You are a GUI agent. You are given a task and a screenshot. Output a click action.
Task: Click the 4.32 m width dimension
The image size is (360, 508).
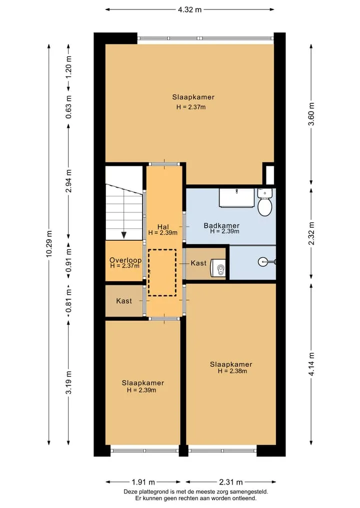coord(189,9)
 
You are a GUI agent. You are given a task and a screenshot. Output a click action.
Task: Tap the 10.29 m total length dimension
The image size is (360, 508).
coord(49,244)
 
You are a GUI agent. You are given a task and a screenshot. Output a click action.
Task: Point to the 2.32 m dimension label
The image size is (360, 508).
coord(311,233)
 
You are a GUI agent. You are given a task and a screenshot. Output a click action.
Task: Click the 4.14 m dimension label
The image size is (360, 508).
coord(311,364)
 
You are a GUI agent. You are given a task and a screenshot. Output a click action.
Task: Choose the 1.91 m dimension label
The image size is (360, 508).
coord(143,482)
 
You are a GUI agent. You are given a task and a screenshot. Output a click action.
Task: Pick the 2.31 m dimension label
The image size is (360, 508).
coord(230,482)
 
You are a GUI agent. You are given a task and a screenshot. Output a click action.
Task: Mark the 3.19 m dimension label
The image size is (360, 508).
coord(68,383)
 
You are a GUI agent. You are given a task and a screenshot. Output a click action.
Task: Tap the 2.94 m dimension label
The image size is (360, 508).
coord(68,181)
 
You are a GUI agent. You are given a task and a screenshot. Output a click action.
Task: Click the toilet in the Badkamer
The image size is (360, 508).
coord(265,202)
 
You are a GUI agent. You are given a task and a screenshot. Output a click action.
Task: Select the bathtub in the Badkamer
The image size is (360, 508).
coord(237,198)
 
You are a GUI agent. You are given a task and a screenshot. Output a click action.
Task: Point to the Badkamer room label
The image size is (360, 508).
coord(221,225)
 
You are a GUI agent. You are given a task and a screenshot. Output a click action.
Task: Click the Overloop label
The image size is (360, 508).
coord(125,260)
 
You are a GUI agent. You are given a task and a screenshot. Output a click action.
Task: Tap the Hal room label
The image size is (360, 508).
coord(163,227)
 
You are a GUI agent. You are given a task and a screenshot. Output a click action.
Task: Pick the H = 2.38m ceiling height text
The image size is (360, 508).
coord(232,371)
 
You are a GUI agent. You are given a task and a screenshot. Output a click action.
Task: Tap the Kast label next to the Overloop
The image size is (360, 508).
coord(124,301)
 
